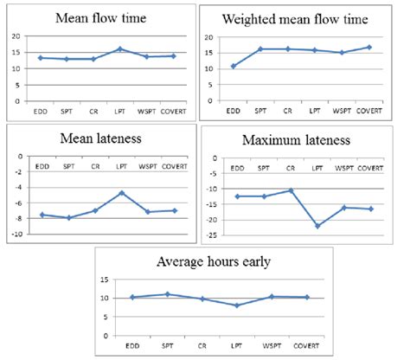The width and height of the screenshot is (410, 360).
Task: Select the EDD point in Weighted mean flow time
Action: click(x=231, y=66)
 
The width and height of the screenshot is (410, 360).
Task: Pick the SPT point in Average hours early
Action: click(x=167, y=294)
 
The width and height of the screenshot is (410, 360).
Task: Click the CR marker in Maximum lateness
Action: click(x=291, y=190)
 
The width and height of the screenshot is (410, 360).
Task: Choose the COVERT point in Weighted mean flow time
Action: click(x=369, y=48)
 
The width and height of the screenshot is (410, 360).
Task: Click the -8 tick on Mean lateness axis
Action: click(x=17, y=218)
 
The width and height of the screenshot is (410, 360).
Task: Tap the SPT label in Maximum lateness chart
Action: click(x=264, y=167)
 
